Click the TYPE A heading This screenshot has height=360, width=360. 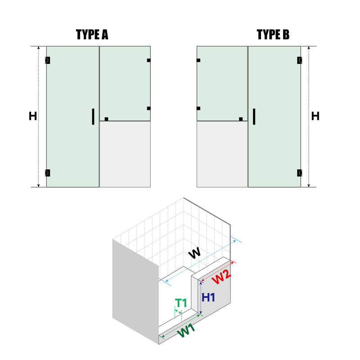(x=92, y=35)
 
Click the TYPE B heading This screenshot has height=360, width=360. (x=273, y=35)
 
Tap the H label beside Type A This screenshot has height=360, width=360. (x=33, y=116)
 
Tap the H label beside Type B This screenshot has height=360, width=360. (x=315, y=116)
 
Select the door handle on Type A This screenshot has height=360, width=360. (x=93, y=117)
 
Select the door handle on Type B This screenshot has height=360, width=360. (x=254, y=117)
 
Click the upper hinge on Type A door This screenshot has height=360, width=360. (x=48, y=60)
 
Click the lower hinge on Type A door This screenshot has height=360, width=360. (x=48, y=173)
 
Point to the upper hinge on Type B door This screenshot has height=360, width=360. (x=299, y=60)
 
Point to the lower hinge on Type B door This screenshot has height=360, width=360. (x=299, y=173)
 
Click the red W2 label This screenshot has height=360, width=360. (x=221, y=277)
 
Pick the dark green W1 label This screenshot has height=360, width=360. (x=186, y=331)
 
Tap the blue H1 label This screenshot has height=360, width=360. (x=208, y=297)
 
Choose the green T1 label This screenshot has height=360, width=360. (x=181, y=303)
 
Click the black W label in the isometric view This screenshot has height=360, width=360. (x=194, y=253)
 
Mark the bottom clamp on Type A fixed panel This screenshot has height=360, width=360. (x=106, y=119)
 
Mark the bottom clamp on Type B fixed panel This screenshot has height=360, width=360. (x=241, y=119)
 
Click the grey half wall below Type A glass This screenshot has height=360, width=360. (x=125, y=154)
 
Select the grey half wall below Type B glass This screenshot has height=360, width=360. (x=222, y=154)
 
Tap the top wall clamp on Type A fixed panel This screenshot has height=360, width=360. (x=149, y=60)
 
